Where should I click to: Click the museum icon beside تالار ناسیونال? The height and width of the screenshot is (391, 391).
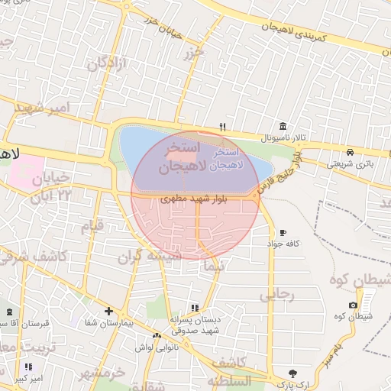coord(283,126)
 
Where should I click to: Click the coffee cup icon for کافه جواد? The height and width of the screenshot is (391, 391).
coord(283,232)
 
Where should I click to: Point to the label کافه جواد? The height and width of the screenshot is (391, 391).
coord(281,244)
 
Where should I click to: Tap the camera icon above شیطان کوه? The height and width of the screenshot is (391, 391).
coord(353,305)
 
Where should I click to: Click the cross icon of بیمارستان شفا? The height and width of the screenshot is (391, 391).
coord(109,311)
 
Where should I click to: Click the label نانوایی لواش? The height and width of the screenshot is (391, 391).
coord(157,347)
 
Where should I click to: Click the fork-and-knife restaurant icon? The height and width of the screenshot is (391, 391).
coord(223,127)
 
